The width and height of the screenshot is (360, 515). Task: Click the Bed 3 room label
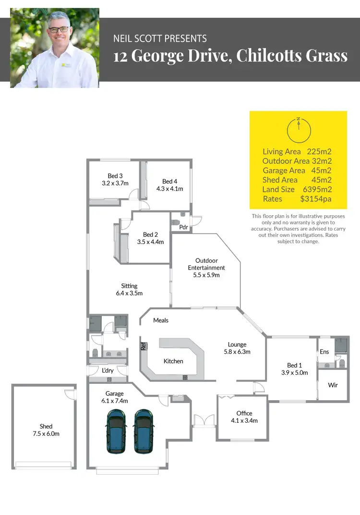click(x=115, y=176)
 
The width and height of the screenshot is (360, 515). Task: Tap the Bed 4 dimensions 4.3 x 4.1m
click(x=169, y=189)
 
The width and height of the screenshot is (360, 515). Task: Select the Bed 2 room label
click(x=150, y=234)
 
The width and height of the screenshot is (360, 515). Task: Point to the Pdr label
click(x=183, y=227)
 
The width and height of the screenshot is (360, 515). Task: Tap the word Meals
click(x=161, y=320)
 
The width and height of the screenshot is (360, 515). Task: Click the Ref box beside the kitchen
click(x=143, y=345)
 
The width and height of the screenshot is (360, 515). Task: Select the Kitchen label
click(x=173, y=361)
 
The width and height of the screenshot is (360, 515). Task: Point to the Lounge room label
click(x=237, y=344)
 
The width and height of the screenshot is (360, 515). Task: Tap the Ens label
click(x=324, y=352)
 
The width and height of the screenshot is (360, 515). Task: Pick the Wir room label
click(x=333, y=385)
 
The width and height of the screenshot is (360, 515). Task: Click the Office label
click(x=244, y=413)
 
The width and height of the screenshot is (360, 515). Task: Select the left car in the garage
click(x=117, y=430)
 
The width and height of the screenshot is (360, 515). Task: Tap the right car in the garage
click(x=143, y=430)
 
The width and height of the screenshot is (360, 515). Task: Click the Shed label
click(x=46, y=426)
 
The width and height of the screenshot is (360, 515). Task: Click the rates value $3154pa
click(x=316, y=198)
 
